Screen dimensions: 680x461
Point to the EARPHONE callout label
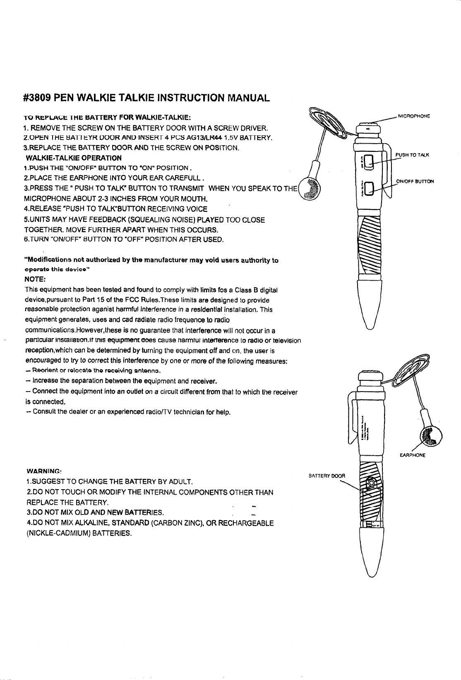tap(413, 455)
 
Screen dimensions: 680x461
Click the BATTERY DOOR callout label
tap(327, 475)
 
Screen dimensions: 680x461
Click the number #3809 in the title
tap(38, 98)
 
